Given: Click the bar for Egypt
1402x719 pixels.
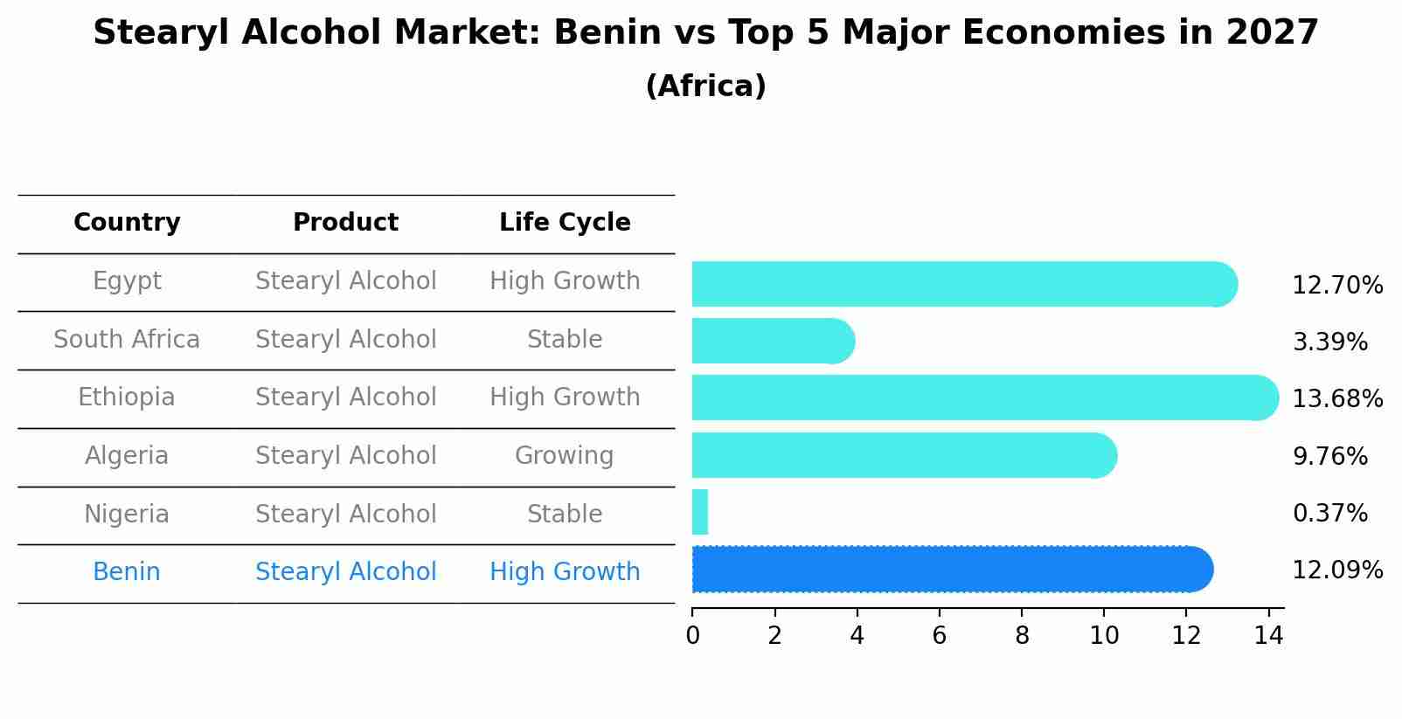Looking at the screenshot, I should click(x=961, y=284).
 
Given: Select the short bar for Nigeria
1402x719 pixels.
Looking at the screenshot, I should click(x=699, y=512).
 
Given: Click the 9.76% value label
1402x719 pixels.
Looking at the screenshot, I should click(x=1329, y=457).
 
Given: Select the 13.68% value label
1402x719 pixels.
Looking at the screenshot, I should click(x=1337, y=399).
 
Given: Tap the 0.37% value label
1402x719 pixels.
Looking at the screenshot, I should click(x=1329, y=514).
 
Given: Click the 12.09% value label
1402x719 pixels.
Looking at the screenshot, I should click(x=1337, y=570).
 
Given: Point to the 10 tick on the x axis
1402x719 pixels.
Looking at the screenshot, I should click(x=1104, y=636).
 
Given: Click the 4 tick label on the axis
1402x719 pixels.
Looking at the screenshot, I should click(x=857, y=636).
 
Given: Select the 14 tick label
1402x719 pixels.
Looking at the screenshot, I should click(x=1268, y=636).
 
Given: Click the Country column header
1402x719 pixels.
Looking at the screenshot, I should click(x=127, y=223).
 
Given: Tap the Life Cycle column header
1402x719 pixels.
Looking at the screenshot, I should click(x=565, y=223).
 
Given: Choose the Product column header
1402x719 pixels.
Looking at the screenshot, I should click(x=345, y=223).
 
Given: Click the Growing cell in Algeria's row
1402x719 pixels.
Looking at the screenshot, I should click(x=564, y=456).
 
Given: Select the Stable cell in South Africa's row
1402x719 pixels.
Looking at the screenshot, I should click(x=564, y=340).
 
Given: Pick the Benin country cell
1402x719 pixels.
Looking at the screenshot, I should click(x=127, y=572).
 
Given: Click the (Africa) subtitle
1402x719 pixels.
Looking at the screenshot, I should click(x=705, y=86).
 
